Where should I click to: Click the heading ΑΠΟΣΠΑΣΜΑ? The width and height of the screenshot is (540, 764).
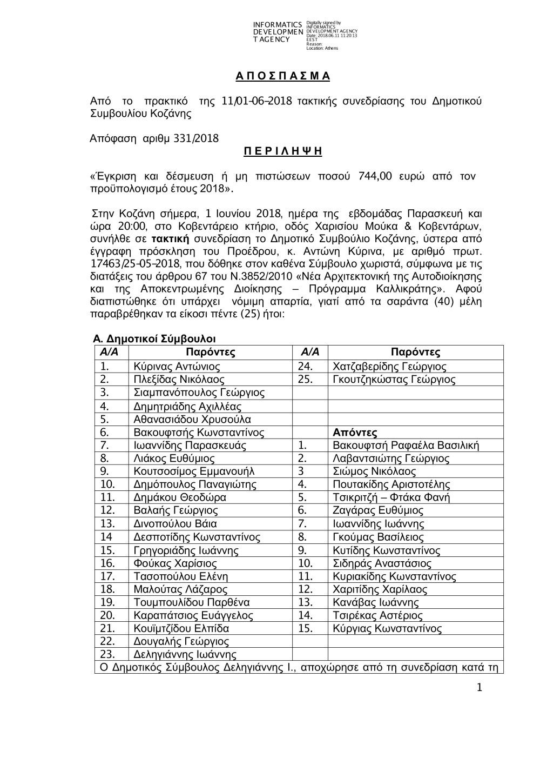click(x=282, y=76)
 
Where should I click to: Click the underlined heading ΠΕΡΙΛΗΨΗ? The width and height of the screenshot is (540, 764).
click(x=282, y=151)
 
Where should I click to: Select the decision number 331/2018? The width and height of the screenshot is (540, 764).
click(x=197, y=138)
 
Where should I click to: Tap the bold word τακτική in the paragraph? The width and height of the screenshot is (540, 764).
click(x=170, y=238)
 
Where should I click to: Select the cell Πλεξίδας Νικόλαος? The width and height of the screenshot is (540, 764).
click(x=179, y=380)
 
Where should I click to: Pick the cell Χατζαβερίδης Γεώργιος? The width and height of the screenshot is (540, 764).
click(x=389, y=367)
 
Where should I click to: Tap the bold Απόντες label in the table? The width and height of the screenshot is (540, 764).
click(x=355, y=433)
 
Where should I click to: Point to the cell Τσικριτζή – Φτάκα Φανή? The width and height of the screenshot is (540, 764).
click(x=391, y=497)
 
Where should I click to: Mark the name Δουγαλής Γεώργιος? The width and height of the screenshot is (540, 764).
click(x=181, y=641)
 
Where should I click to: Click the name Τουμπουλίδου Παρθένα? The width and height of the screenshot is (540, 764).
click(x=191, y=602)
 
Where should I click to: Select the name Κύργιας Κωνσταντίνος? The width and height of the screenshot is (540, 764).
click(x=387, y=628)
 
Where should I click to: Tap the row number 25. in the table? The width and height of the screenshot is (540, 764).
click(x=305, y=380)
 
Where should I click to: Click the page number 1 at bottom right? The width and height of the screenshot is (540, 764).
click(x=479, y=687)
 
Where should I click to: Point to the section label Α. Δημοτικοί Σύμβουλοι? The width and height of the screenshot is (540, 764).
click(x=154, y=339)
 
